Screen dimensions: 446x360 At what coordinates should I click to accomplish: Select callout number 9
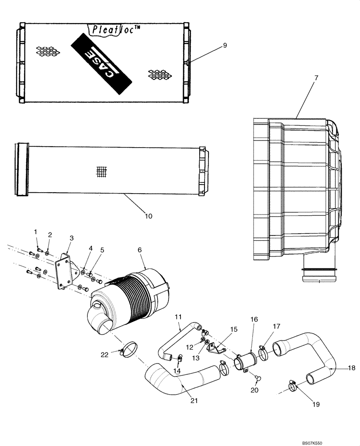[225, 45]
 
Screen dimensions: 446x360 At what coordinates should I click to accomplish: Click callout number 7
[316, 78]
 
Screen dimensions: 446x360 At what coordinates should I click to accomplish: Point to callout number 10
[148, 216]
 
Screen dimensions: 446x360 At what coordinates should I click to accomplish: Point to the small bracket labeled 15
[218, 348]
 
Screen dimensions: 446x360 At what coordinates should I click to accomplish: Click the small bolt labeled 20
[258, 378]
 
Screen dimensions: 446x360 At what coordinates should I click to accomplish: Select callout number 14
[177, 371]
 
